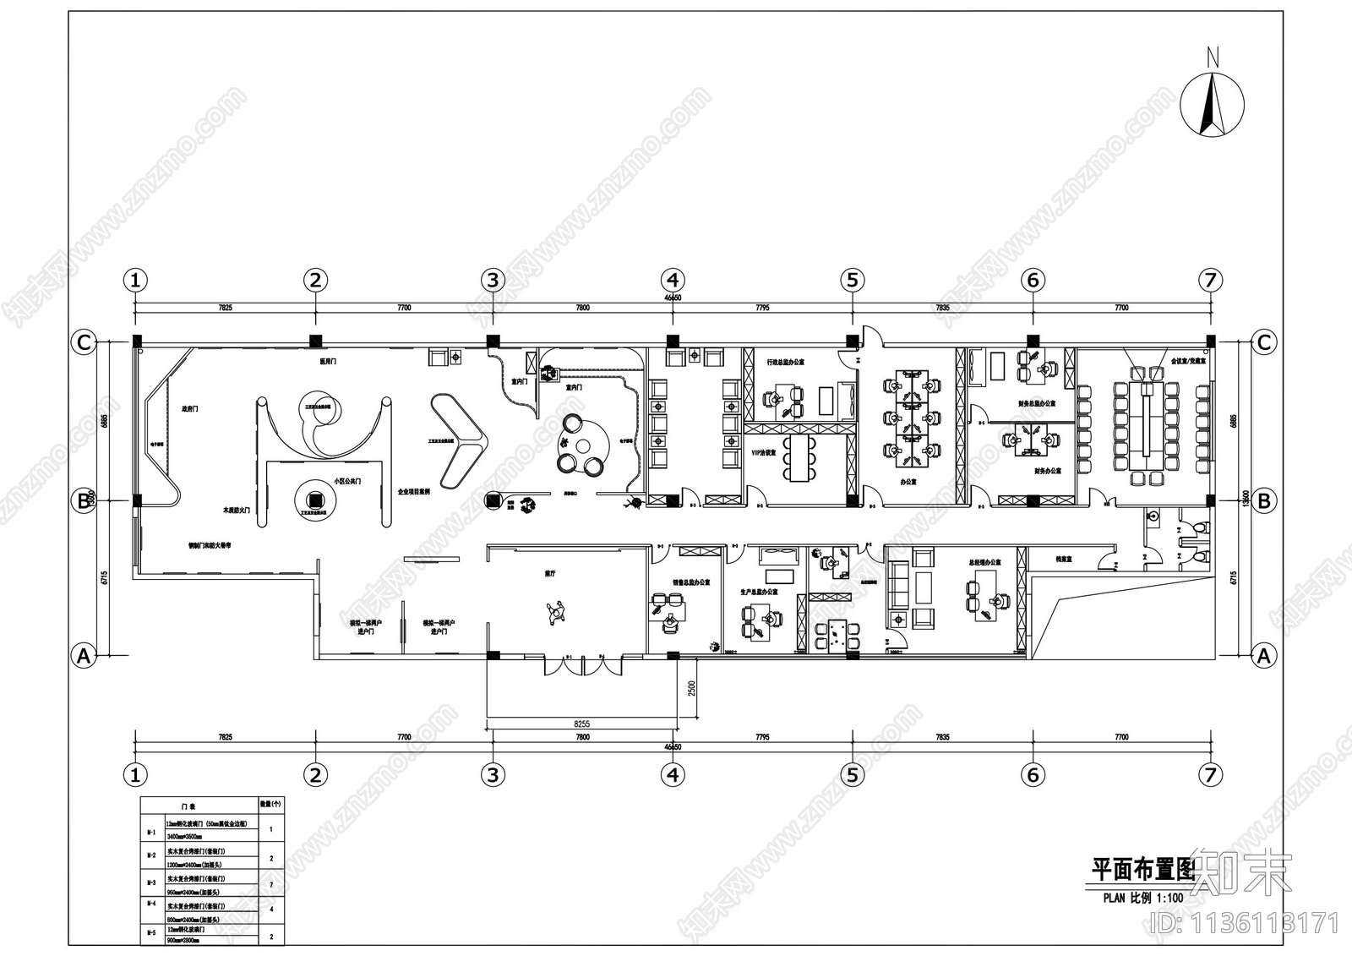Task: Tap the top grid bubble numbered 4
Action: click(673, 280)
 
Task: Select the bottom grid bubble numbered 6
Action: click(1033, 774)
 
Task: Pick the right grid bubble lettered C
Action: click(1263, 342)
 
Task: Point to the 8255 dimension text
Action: click(581, 724)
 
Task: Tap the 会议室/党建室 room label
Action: click(1188, 361)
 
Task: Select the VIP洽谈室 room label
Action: click(763, 453)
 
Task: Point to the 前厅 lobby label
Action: click(549, 574)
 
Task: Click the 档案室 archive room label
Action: click(1064, 560)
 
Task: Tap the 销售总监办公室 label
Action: click(691, 582)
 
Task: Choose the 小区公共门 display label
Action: click(346, 481)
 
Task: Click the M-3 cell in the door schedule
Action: click(150, 882)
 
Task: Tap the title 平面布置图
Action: click(1142, 868)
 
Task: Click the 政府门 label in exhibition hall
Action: click(189, 408)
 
